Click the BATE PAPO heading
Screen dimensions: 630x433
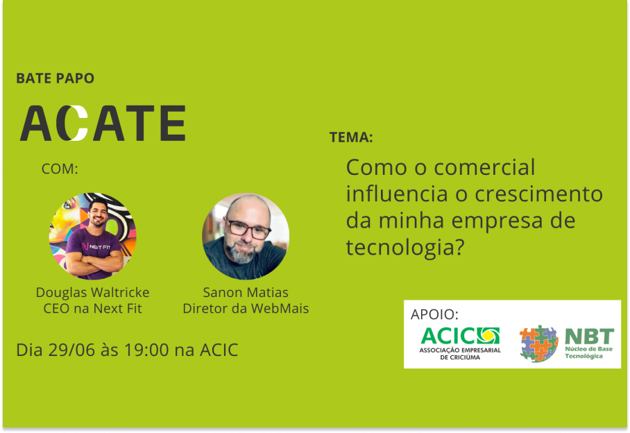pos(55,78)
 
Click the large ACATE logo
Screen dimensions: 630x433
pos(103,123)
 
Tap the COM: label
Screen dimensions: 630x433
pos(60,169)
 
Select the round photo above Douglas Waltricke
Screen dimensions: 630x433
pos(92,236)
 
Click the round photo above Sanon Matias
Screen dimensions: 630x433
pos(246,236)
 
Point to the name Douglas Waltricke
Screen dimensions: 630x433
pos(92,292)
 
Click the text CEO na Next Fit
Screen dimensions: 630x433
pos(92,309)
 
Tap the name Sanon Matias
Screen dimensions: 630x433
pos(246,292)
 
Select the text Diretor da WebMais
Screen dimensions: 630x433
pos(246,309)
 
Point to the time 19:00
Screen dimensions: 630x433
pos(146,350)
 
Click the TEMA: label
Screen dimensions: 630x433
pos(351,137)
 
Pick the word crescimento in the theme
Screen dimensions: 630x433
pos(539,194)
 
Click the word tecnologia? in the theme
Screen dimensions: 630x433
pos(405,246)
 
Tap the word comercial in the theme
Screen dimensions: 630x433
pos(484,167)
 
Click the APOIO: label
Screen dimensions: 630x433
pos(434,314)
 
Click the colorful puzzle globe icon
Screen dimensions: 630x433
pos(538,343)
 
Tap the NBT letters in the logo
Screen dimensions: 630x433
pos(589,336)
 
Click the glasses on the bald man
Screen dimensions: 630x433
pos(248,229)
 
